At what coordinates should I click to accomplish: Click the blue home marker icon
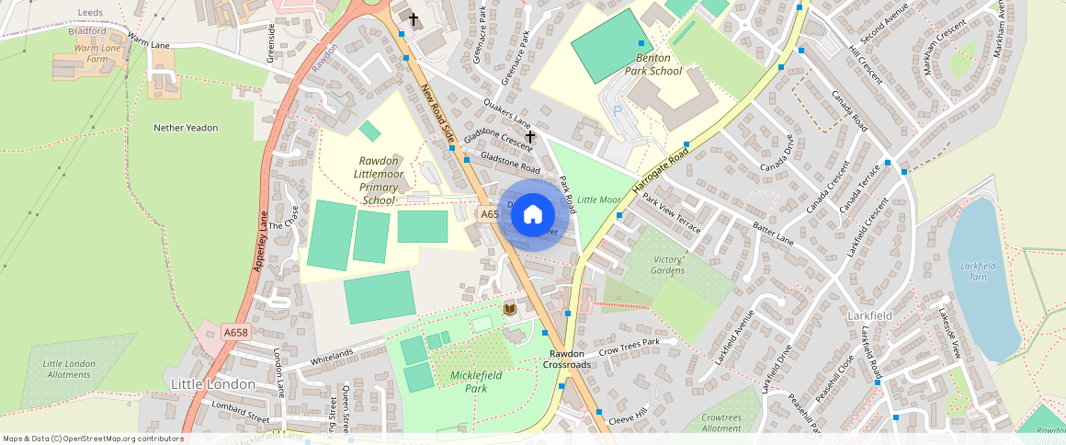click(x=533, y=215)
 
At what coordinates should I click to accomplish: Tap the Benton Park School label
click(x=653, y=63)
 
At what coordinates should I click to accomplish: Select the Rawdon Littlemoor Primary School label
click(x=379, y=180)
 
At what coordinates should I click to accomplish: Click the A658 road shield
click(x=236, y=333)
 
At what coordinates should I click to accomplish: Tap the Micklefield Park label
click(x=482, y=382)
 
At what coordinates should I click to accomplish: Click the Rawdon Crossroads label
click(x=565, y=359)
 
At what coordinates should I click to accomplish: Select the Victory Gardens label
click(x=668, y=265)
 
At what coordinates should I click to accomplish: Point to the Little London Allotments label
click(x=69, y=369)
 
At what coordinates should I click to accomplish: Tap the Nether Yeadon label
click(x=186, y=128)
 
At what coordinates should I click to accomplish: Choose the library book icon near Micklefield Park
click(x=510, y=310)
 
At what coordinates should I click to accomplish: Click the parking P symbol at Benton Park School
click(x=618, y=109)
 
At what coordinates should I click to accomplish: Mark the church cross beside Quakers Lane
click(x=530, y=137)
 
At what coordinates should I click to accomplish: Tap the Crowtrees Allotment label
click(x=720, y=423)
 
